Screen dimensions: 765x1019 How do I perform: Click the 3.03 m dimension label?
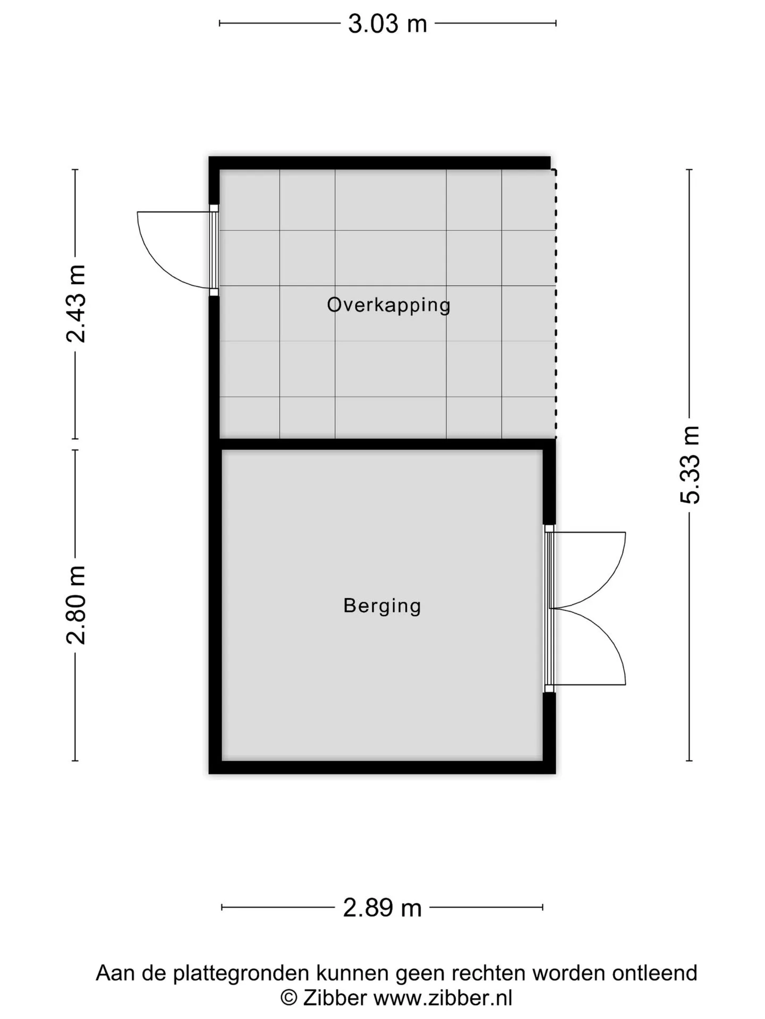(x=387, y=24)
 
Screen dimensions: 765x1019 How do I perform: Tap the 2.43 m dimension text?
(x=76, y=304)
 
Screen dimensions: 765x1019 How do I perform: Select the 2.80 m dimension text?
(x=76, y=605)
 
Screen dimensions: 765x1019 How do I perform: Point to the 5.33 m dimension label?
(x=690, y=464)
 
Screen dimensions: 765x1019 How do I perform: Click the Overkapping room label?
(x=388, y=305)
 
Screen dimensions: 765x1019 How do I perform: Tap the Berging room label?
(x=382, y=606)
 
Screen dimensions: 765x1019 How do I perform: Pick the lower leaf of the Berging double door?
(x=611, y=637)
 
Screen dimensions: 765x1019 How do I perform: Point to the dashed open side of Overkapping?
(x=556, y=304)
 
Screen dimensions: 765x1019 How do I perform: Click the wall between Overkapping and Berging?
(x=382, y=444)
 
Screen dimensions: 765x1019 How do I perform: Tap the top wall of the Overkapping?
(x=379, y=162)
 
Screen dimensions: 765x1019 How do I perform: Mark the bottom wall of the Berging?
(x=382, y=767)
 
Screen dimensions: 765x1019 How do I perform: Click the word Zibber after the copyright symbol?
(x=335, y=998)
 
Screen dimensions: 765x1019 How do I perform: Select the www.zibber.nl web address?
(x=443, y=998)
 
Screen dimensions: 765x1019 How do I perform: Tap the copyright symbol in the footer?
(x=289, y=999)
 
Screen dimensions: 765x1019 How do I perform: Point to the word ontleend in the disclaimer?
(x=654, y=973)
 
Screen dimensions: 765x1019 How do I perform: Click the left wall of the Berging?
(x=215, y=605)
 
